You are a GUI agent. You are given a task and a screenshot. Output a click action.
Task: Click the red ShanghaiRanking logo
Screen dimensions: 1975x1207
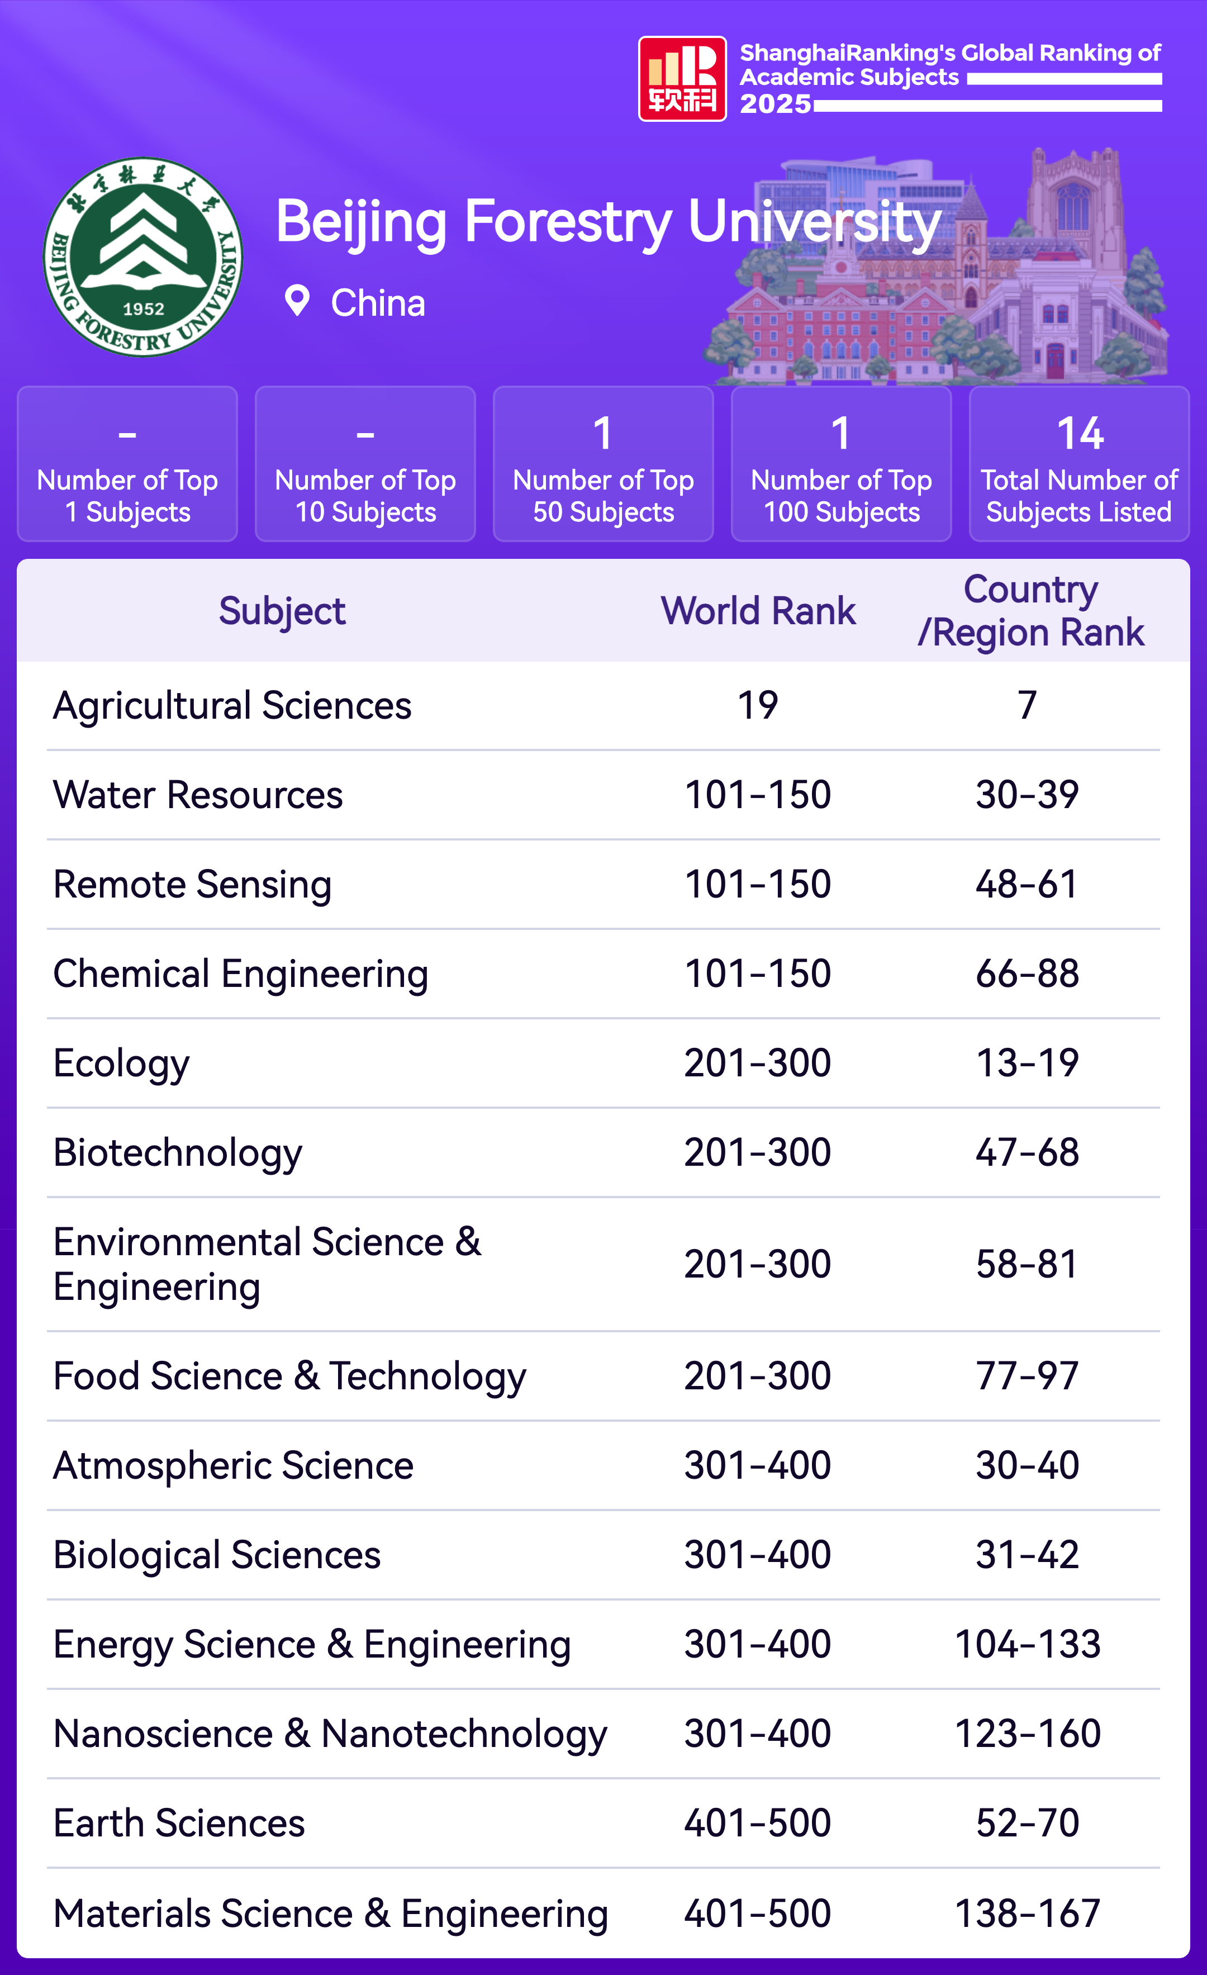[x=682, y=79]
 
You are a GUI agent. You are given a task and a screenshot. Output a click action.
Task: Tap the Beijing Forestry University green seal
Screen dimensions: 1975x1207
[x=142, y=257]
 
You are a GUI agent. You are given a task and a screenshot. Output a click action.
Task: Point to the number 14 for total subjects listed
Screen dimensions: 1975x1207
[x=1080, y=434]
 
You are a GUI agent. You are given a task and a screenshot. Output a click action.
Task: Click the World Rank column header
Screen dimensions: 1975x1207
[x=758, y=611]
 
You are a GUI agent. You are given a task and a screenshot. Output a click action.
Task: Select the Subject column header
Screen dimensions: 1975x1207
[x=282, y=611]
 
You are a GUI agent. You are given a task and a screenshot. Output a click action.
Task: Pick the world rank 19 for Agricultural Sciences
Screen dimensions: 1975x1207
[x=757, y=705]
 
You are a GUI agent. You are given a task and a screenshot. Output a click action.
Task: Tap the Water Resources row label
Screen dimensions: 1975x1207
[x=198, y=795]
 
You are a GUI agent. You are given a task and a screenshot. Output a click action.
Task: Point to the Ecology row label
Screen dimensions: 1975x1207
[x=121, y=1064]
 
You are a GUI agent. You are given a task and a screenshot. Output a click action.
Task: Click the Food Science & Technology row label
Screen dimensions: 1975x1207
[x=289, y=1376]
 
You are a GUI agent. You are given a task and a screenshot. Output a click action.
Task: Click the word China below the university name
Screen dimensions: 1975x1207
[x=378, y=303]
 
